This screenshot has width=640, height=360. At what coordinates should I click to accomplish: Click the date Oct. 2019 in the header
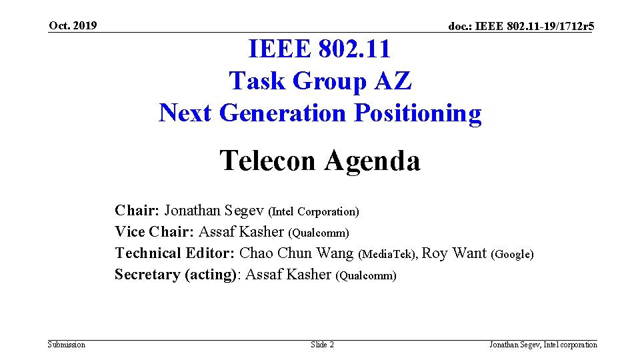point(73,26)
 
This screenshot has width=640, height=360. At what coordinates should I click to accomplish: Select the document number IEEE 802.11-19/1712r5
point(521,27)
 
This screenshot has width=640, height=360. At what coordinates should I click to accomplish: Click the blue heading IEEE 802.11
point(319,49)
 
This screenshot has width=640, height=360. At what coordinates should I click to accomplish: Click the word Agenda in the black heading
point(373,161)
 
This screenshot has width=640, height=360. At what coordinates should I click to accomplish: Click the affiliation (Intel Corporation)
point(313,212)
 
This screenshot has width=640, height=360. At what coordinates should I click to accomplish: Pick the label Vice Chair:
point(155,232)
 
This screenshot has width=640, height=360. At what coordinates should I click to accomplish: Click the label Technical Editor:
point(175,253)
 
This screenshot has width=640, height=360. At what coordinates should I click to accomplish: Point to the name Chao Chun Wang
point(297,253)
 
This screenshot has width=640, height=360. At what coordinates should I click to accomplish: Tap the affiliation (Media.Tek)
point(388,255)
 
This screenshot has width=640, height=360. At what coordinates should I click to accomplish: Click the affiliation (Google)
point(512,255)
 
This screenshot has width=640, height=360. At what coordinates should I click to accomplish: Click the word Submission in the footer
point(67,345)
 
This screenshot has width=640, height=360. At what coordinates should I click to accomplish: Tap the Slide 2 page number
point(322,345)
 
